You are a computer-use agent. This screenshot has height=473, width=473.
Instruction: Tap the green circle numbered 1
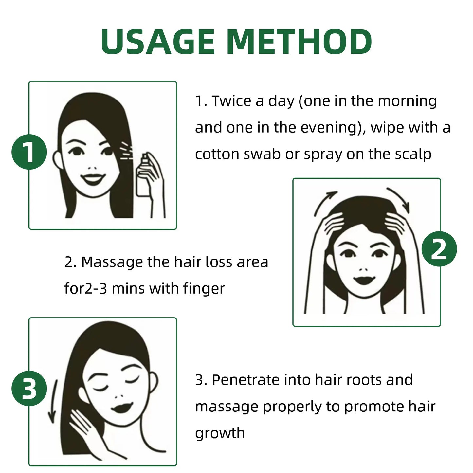tap(29, 152)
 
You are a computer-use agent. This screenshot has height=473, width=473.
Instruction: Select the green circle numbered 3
tap(29, 389)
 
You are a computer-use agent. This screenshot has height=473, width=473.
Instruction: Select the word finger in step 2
tap(204, 289)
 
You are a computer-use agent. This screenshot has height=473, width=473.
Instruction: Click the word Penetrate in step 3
tap(246, 380)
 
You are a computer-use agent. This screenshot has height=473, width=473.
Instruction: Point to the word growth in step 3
tap(220, 433)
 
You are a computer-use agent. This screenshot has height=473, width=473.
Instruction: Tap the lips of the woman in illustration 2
tap(363, 280)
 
